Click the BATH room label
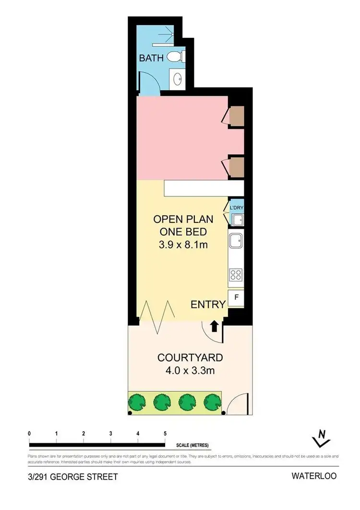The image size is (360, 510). [x=151, y=58]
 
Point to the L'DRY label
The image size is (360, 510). [x=237, y=207]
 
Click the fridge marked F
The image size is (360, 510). [x=236, y=297]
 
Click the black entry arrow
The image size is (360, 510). [x=215, y=326]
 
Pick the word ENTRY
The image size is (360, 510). [x=208, y=304]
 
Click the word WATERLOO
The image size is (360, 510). [x=314, y=476]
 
